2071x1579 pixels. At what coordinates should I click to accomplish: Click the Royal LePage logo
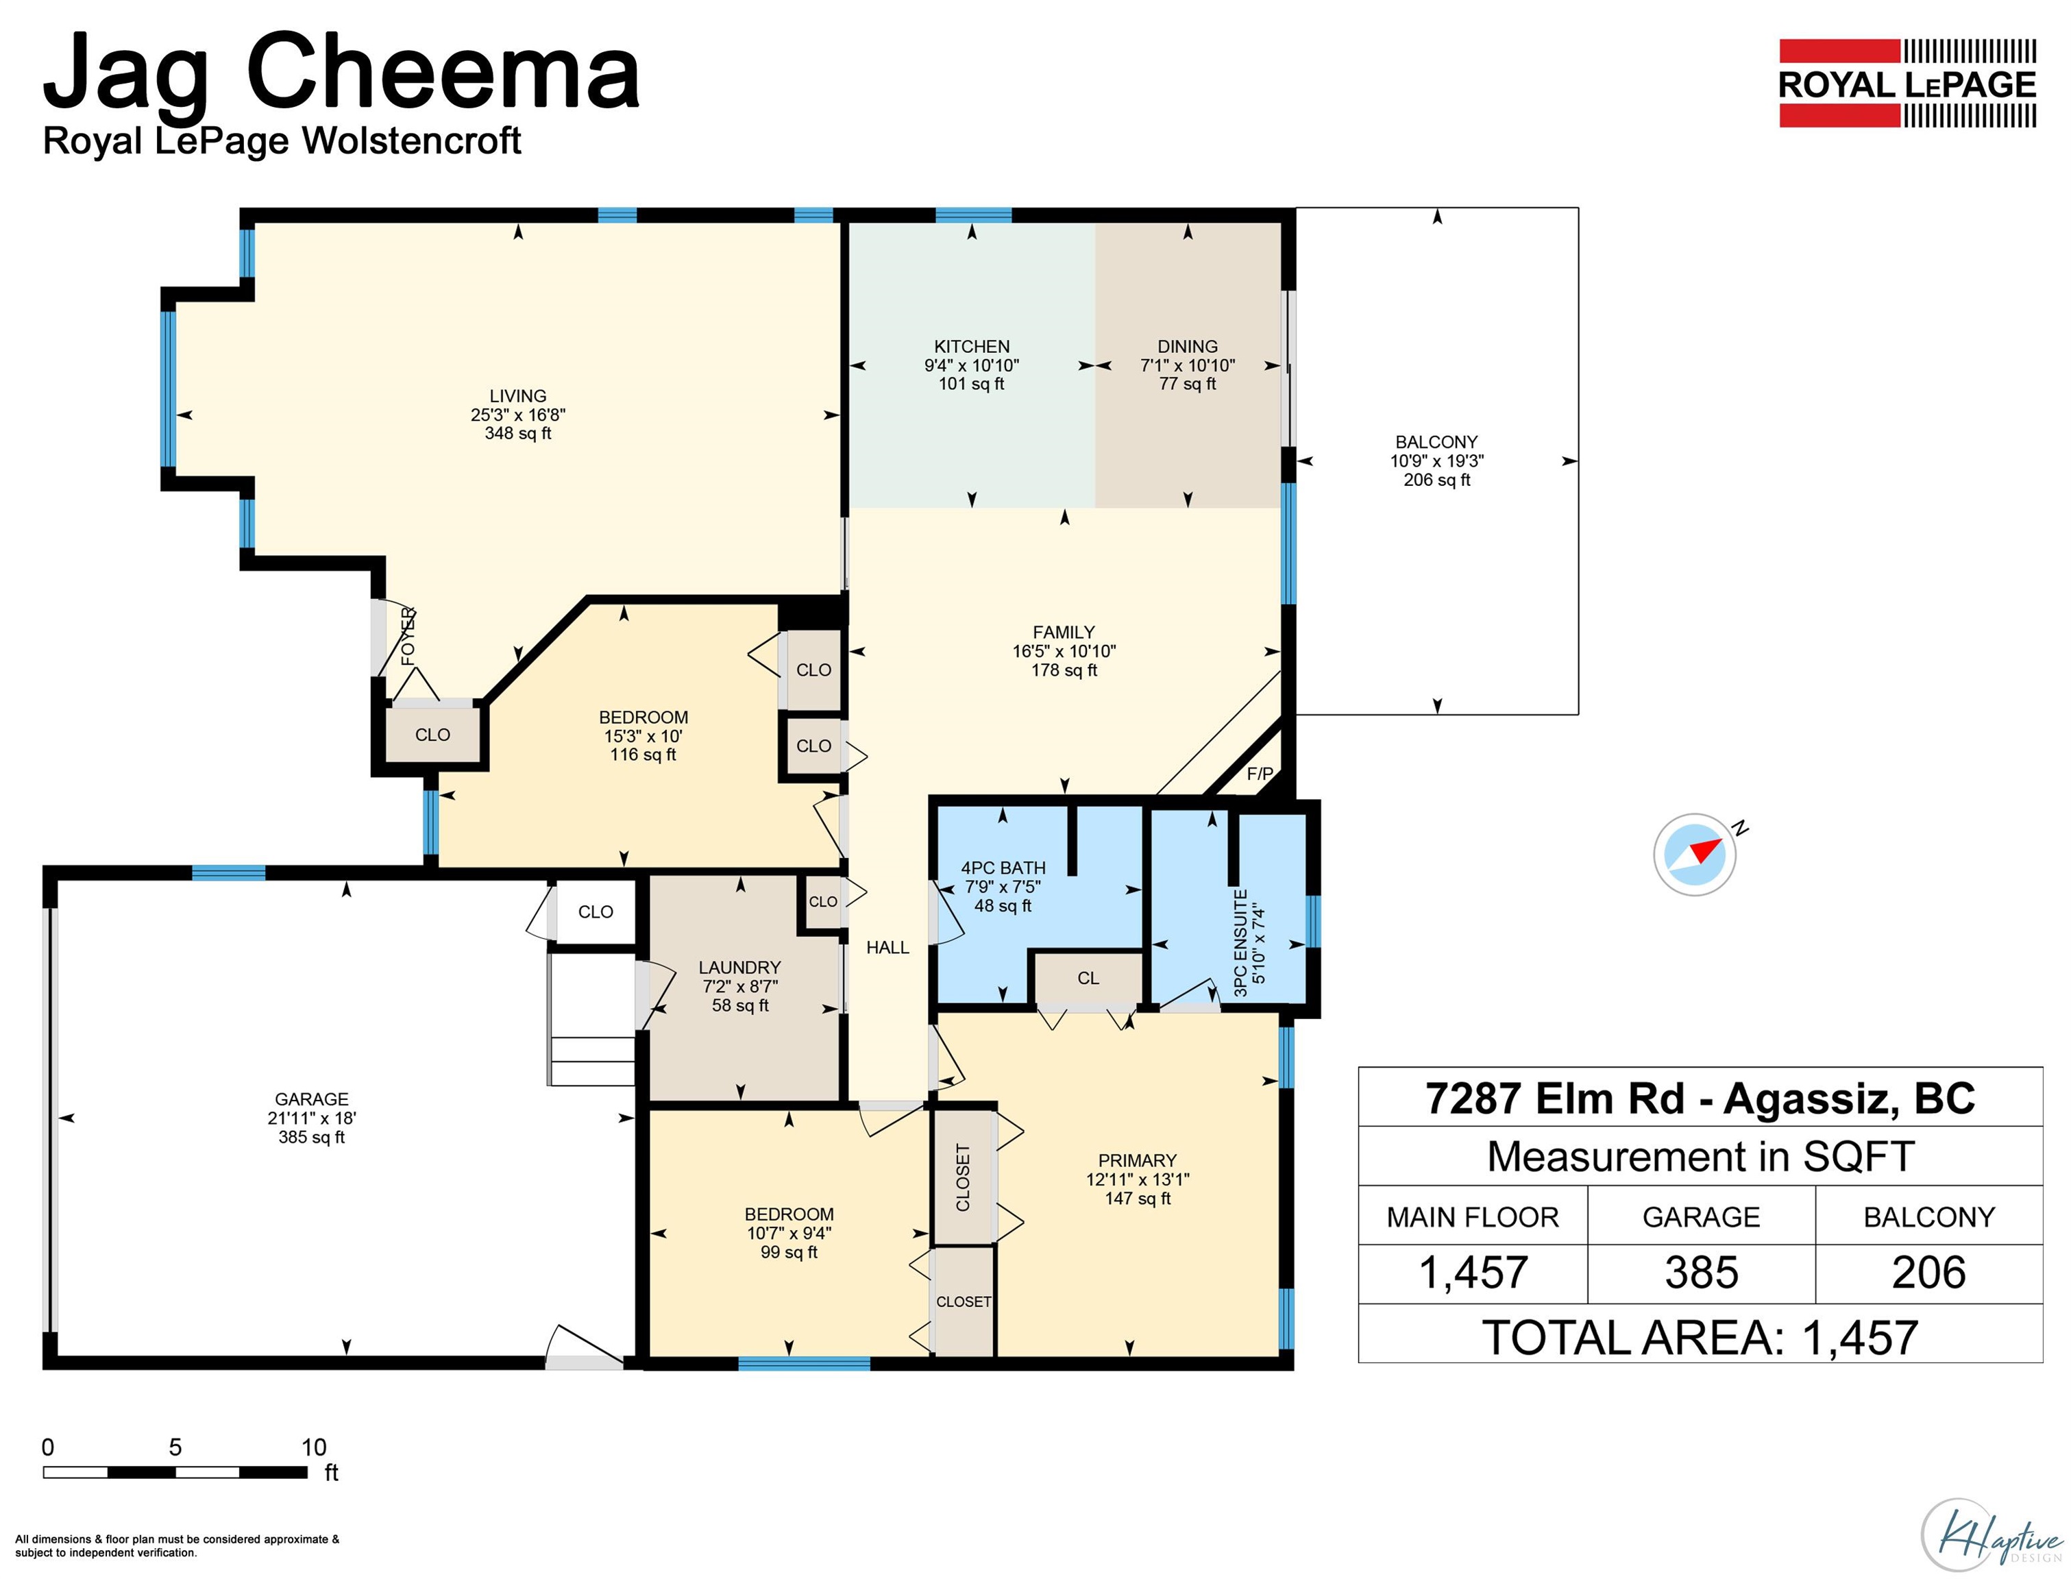coord(1907,83)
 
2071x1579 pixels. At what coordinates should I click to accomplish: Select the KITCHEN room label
coord(972,347)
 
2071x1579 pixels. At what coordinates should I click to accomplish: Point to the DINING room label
coord(1188,347)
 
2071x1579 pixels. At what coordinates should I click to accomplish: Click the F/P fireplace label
coord(1260,774)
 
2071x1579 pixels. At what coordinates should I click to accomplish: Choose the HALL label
coord(887,947)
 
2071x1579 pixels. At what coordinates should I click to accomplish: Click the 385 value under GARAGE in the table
coord(1702,1273)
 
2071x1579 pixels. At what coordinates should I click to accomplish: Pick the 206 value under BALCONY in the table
coord(1928,1273)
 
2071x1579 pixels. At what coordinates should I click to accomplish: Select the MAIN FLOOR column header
coord(1473,1217)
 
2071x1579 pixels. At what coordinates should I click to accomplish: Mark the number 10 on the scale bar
coord(314,1447)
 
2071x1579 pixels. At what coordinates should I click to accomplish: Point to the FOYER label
coord(408,637)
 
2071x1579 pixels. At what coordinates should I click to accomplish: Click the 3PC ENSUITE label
coord(1240,943)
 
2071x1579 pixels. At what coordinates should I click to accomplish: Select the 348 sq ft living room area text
coord(518,433)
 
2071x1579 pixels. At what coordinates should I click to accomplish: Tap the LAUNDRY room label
coord(739,967)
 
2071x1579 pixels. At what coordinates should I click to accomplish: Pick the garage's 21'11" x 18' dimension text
coord(311,1118)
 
